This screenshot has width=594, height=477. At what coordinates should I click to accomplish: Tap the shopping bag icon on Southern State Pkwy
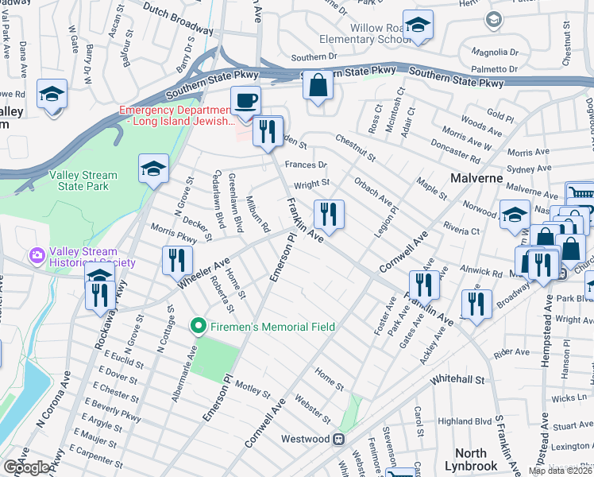(x=318, y=86)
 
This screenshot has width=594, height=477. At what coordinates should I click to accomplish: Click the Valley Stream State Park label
(x=83, y=180)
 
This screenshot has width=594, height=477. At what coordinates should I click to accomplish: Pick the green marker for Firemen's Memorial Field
(x=199, y=326)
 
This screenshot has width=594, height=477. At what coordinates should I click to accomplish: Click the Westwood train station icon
(x=338, y=439)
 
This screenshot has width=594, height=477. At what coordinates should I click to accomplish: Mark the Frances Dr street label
(x=311, y=165)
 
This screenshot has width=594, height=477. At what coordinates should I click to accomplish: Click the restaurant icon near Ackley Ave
(x=476, y=304)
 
